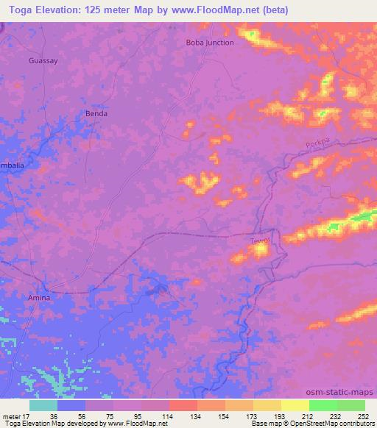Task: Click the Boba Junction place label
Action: [210, 43]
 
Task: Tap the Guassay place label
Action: [42, 60]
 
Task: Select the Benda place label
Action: [96, 114]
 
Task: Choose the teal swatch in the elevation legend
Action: [43, 405]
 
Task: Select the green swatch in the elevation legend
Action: [323, 405]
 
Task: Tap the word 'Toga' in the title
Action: [17, 9]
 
